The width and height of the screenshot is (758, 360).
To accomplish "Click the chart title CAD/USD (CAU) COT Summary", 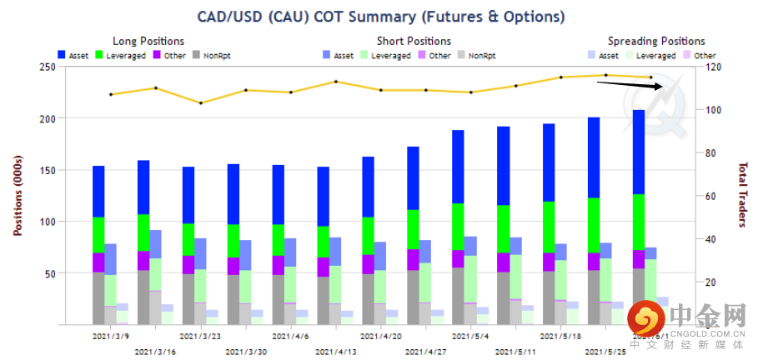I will [x=380, y=17].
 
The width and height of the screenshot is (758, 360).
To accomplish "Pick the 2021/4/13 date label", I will [x=335, y=352].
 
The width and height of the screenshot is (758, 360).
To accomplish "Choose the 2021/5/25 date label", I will [x=605, y=352].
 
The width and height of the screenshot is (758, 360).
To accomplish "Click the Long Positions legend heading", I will [x=148, y=41].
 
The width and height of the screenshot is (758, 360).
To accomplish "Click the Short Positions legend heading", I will [x=414, y=41].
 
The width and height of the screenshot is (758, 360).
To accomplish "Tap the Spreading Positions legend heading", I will [x=655, y=41].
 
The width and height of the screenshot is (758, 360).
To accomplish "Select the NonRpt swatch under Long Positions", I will [x=197, y=55].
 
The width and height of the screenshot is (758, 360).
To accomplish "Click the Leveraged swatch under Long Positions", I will [x=99, y=55].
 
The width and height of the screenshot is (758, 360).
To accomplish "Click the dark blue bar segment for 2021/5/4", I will [x=458, y=167].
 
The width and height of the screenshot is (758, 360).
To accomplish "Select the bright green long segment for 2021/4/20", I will [x=368, y=236].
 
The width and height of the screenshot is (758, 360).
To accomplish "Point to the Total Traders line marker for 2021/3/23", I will [x=201, y=102].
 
